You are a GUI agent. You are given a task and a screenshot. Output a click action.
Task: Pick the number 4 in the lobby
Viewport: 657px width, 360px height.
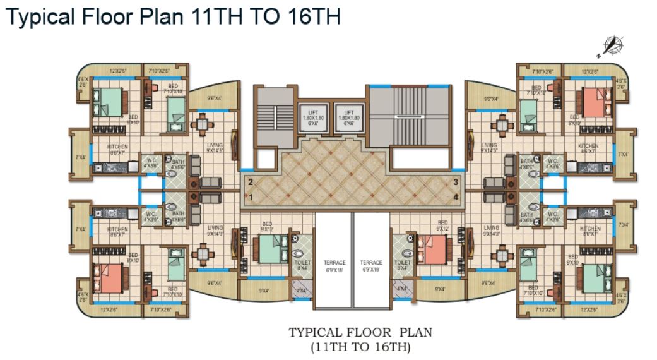tap(454, 198)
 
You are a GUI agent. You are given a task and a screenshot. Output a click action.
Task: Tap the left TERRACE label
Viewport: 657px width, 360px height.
tap(334, 263)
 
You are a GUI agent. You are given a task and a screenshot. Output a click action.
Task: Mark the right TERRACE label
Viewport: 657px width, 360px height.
tap(371, 263)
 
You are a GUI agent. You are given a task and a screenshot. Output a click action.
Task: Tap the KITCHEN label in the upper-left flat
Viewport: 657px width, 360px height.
tap(117, 147)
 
